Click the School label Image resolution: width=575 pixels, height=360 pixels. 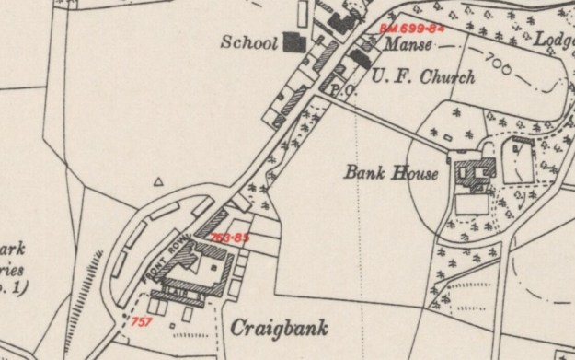coord(251,42)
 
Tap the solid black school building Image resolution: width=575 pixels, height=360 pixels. coord(293,41)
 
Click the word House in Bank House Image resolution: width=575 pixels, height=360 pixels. coord(416,171)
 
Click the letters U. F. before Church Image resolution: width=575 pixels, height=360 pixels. coord(384,77)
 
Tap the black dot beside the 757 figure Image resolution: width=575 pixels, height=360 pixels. coord(127,318)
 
